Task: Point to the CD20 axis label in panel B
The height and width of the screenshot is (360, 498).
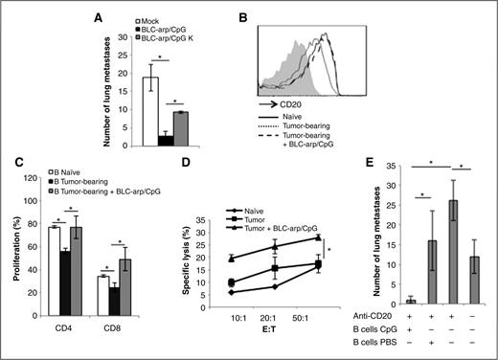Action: tap(301, 119)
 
